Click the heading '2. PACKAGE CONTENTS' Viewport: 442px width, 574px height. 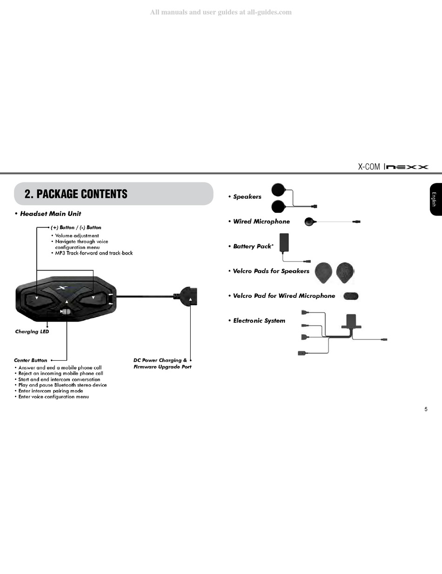76,194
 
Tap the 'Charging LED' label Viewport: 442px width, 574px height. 32,332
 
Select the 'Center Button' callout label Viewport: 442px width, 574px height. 31,360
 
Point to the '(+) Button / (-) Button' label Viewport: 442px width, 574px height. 76,228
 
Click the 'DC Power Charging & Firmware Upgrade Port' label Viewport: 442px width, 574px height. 162,364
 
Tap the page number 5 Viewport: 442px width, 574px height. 426,410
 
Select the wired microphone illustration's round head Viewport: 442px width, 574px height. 309,222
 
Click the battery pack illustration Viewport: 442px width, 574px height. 284,243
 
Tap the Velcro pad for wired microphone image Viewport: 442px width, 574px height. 351,296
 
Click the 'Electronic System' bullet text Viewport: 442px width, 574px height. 259,321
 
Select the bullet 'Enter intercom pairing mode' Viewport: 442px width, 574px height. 51,391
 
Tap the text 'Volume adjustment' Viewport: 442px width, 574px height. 77,236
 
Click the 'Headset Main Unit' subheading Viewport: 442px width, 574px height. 50,214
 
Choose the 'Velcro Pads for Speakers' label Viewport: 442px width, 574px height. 271,271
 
